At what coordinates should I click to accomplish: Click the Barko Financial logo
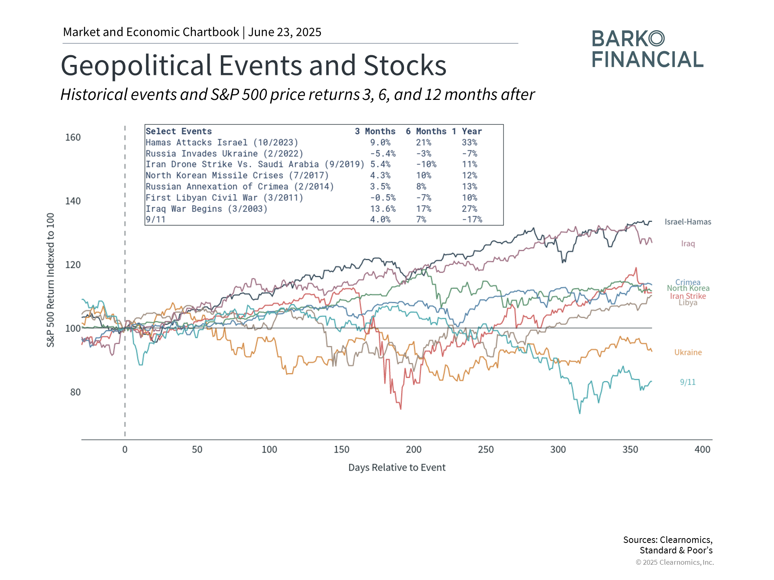tap(647, 49)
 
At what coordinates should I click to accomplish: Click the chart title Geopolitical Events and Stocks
tap(253, 66)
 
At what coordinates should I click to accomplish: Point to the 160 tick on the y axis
tap(73, 137)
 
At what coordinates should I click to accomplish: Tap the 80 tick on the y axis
tap(75, 392)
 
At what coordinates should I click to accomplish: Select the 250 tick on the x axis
tap(486, 449)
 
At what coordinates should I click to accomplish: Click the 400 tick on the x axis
tap(702, 449)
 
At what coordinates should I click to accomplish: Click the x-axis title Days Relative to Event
tap(397, 468)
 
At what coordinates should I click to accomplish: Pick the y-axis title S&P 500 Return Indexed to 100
tap(50, 280)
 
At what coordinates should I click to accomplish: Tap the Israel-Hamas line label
tap(688, 222)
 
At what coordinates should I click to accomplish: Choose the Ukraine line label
tap(688, 352)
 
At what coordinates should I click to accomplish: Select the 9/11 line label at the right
tap(688, 382)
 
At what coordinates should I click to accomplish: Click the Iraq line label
tap(688, 244)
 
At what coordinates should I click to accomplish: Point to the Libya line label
tap(688, 303)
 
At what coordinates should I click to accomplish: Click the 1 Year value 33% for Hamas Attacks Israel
tap(469, 143)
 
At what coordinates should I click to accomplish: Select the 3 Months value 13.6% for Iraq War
tap(383, 209)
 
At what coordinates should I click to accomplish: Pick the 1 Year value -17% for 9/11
tap(472, 220)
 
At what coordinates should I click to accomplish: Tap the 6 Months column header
tap(426, 131)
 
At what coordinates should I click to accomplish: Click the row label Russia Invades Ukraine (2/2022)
tap(224, 153)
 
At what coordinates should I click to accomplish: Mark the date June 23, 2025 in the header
tap(285, 32)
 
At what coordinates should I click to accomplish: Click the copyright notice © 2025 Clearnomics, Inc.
tap(674, 562)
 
